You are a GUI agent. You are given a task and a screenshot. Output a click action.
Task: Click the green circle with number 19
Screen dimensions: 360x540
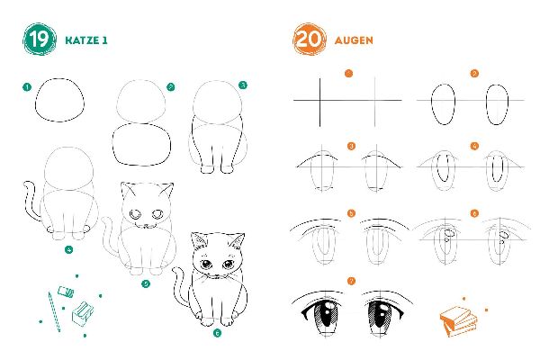click(38, 40)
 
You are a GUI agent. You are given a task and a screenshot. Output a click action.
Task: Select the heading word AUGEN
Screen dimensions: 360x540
click(354, 40)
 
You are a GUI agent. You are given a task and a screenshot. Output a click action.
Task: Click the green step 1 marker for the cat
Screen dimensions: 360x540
click(27, 87)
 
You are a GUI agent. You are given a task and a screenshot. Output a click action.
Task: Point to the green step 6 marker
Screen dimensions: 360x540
click(217, 332)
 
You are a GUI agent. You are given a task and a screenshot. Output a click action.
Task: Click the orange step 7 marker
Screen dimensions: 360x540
click(351, 282)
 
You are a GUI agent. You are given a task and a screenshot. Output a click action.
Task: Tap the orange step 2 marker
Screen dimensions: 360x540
click(474, 73)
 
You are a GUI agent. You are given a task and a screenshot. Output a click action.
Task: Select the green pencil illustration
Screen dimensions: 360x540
click(51, 310)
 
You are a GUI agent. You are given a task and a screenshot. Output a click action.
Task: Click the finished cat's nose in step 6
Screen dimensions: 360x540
click(216, 271)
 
